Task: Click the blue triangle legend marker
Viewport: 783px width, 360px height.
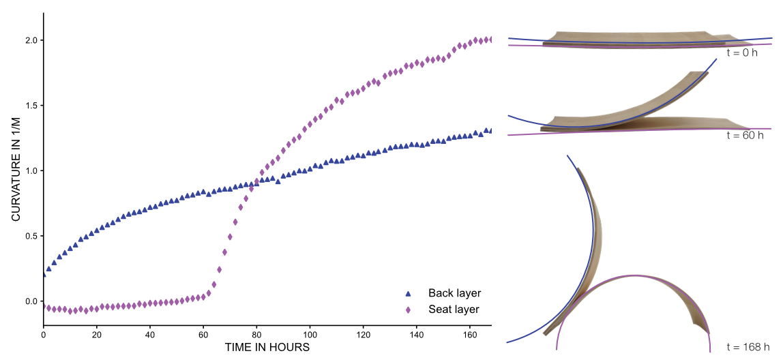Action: pos(408,294)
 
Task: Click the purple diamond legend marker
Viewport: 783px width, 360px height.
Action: pos(408,310)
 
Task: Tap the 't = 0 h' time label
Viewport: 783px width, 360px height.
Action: pos(741,52)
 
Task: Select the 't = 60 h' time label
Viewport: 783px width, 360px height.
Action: pos(744,135)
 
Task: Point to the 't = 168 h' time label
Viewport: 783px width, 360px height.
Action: pos(748,347)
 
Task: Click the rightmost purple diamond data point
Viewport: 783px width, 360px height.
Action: pos(488,40)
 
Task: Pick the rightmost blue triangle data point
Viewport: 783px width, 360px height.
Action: pos(488,130)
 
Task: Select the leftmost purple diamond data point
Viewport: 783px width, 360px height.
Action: pos(45,307)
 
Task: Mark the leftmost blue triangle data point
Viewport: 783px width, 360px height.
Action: pos(45,275)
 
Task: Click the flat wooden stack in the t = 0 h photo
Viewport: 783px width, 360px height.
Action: pos(641,39)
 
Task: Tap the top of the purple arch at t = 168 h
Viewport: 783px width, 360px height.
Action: pos(631,275)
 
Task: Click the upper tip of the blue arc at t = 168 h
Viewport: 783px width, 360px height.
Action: pos(568,156)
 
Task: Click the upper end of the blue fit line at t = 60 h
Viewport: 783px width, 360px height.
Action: pos(716,59)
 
